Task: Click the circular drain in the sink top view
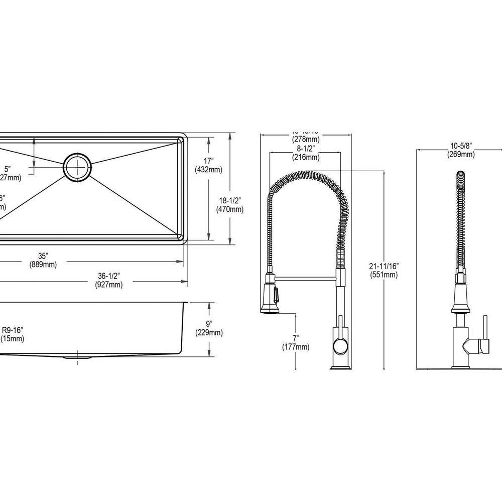pos(77,166)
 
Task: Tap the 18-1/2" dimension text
pos(225,199)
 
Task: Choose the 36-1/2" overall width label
pos(108,275)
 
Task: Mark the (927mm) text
pos(108,285)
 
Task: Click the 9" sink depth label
pos(208,323)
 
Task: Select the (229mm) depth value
pos(208,332)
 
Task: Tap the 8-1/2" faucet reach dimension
pos(305,148)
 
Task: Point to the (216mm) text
pos(305,158)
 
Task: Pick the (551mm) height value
pos(384,275)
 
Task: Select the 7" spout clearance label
pos(296,337)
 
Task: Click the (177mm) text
pos(296,347)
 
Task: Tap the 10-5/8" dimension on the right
pos(461,146)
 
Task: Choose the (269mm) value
pos(461,155)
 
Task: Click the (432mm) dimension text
pos(208,170)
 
